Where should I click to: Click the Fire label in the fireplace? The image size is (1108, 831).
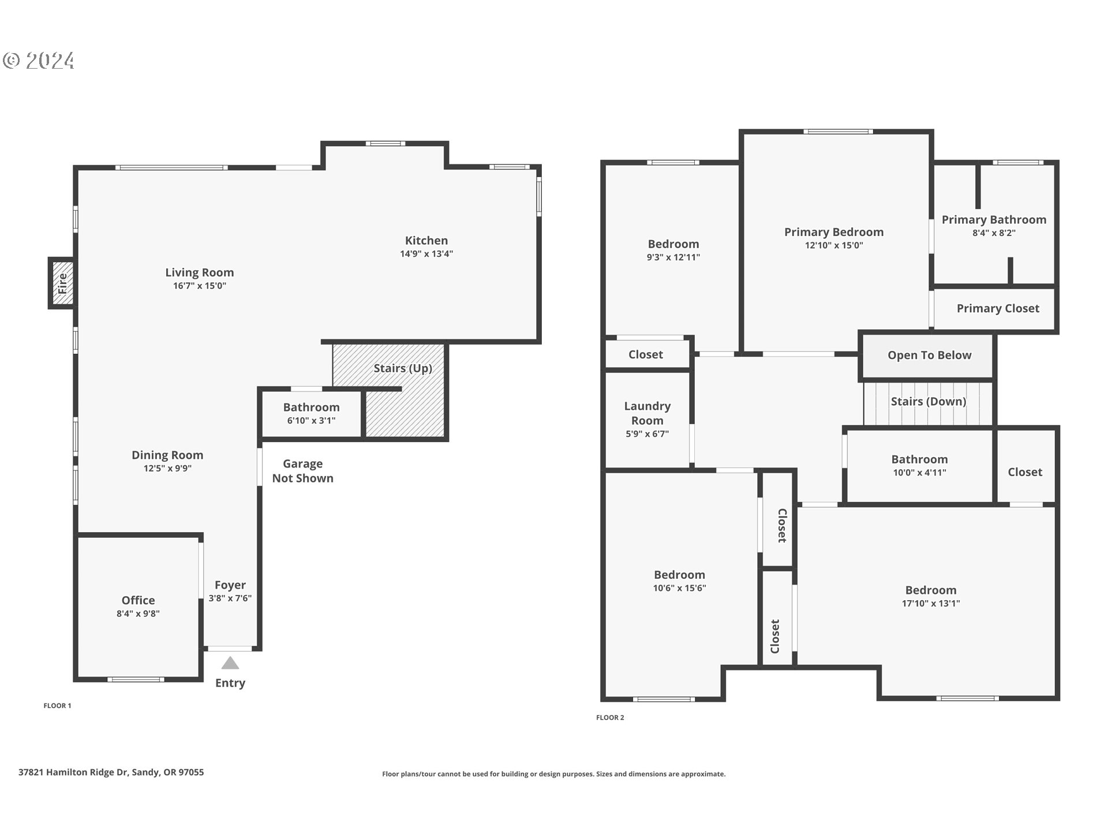pyautogui.click(x=62, y=283)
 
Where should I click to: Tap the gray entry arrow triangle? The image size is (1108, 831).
pyautogui.click(x=230, y=663)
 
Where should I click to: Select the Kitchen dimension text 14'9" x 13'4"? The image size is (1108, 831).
pyautogui.click(x=426, y=254)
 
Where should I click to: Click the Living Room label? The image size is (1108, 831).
pyautogui.click(x=200, y=272)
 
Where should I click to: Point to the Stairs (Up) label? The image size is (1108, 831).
pyautogui.click(x=403, y=368)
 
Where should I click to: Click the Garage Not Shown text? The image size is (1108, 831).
pyautogui.click(x=302, y=471)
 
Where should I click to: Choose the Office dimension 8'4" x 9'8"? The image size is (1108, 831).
pyautogui.click(x=138, y=614)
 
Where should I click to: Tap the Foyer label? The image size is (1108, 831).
pyautogui.click(x=230, y=585)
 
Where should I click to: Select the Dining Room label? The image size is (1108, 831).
pyautogui.click(x=167, y=455)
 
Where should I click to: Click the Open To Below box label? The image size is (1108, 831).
pyautogui.click(x=929, y=355)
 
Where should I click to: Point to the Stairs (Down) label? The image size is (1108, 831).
pyautogui.click(x=928, y=402)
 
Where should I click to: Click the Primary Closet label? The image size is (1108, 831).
pyautogui.click(x=998, y=309)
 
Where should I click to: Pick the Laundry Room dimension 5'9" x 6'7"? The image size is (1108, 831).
pyautogui.click(x=647, y=434)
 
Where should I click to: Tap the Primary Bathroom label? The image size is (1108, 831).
pyautogui.click(x=994, y=220)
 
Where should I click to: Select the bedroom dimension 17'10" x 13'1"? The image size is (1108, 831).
pyautogui.click(x=931, y=604)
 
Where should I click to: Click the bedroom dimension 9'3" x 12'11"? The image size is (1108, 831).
pyautogui.click(x=673, y=257)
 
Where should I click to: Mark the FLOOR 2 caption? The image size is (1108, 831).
pyautogui.click(x=610, y=718)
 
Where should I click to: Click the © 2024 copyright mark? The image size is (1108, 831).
pyautogui.click(x=39, y=61)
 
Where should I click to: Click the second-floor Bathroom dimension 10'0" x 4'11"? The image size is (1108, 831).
pyautogui.click(x=919, y=473)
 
